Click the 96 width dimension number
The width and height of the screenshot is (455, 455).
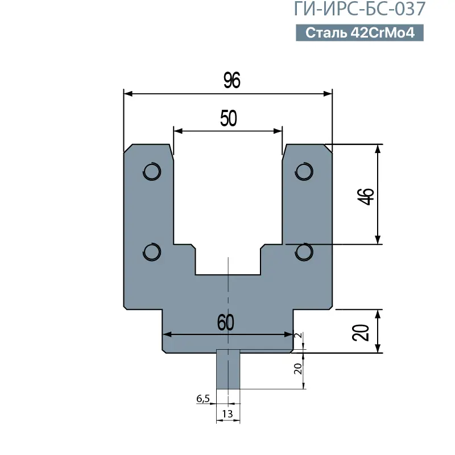point(232,80)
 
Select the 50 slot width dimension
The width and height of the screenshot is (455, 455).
point(229,118)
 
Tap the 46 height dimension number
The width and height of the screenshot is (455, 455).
point(366,196)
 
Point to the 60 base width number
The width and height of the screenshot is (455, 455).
point(225,322)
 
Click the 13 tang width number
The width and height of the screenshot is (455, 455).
point(227,414)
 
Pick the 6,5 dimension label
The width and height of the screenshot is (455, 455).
point(203,399)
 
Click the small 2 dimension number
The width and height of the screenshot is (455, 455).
point(298,336)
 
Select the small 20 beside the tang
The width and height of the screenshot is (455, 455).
point(298,369)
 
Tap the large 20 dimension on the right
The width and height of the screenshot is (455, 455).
point(361,333)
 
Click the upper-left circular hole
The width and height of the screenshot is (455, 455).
point(152,172)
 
